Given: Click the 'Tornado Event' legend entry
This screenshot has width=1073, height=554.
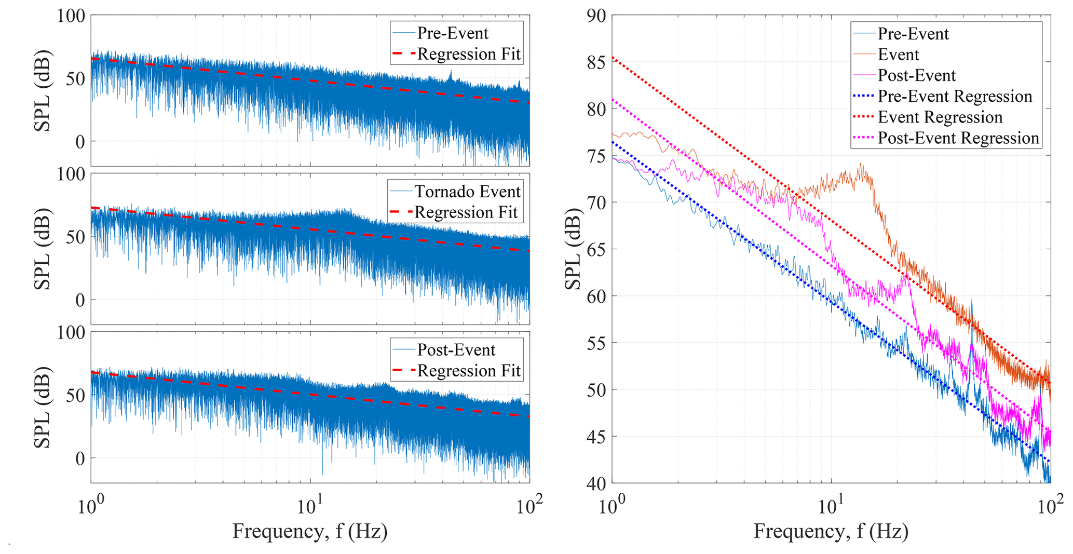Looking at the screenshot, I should [467, 192].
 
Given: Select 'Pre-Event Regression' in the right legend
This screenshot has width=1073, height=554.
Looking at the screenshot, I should [955, 97].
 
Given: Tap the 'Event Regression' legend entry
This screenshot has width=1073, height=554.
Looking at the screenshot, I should [940, 117].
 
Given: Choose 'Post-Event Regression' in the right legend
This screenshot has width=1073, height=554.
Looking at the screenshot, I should [958, 138].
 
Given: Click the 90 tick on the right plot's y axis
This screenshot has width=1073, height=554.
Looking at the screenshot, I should [597, 16].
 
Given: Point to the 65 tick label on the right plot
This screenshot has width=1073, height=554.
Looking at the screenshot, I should [597, 249].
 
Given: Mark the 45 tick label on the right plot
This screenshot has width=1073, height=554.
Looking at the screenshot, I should [597, 437].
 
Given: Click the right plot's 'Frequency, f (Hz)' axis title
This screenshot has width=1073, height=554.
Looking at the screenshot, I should [831, 531].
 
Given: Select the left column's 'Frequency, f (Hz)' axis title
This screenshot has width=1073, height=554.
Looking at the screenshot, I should [310, 531].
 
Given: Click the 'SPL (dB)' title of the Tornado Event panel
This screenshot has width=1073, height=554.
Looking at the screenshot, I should [43, 249].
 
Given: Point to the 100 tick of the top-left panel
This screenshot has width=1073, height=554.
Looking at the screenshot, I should [71, 16].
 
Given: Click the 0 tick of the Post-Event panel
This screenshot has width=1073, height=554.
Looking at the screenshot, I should [80, 458].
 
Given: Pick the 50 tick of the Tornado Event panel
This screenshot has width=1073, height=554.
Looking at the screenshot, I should [75, 237].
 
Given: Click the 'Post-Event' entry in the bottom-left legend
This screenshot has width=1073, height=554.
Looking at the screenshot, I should [456, 350].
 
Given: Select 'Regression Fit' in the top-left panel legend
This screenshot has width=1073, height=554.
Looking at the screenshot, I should [468, 54].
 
